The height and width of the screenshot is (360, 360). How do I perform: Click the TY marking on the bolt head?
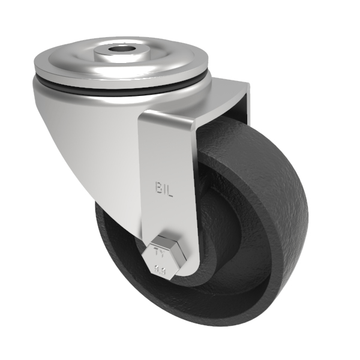click(x=160, y=245)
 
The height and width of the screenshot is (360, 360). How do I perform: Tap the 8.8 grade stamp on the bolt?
click(x=160, y=259)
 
